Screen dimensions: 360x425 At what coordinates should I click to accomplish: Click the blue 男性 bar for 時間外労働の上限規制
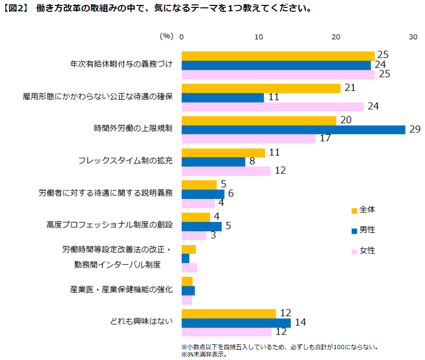click(x=293, y=130)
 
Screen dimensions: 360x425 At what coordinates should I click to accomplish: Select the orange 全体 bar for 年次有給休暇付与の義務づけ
click(x=278, y=56)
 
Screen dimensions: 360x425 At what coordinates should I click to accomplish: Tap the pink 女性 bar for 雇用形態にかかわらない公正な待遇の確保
click(x=273, y=107)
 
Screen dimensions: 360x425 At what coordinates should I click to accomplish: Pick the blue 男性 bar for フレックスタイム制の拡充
click(x=213, y=162)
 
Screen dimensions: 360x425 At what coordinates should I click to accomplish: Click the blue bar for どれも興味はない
click(x=236, y=323)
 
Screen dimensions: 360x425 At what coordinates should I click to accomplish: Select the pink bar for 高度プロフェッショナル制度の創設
click(x=194, y=235)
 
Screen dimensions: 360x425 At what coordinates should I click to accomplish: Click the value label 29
click(x=415, y=130)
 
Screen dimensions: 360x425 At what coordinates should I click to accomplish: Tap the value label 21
click(x=350, y=88)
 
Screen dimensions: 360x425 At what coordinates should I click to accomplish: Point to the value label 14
click(x=300, y=323)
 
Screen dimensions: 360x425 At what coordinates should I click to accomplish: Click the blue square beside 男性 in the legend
click(x=354, y=230)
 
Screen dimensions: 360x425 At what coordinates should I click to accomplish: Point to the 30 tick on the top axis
click(x=413, y=37)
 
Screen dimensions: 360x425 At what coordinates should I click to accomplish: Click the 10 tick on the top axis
click(x=259, y=37)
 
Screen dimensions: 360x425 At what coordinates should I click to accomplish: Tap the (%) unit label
click(x=167, y=36)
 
